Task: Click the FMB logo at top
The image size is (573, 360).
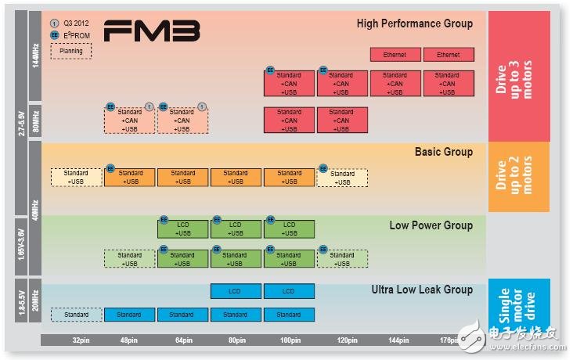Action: [152, 31]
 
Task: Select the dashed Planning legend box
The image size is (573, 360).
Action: [71, 51]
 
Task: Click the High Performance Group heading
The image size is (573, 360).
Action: [414, 23]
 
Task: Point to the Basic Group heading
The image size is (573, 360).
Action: [443, 152]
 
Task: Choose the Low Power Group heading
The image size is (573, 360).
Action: [431, 225]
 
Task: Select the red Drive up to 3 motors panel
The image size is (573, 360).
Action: [519, 76]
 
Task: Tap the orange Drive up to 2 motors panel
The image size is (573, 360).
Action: [519, 177]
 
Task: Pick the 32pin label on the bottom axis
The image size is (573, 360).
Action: [77, 341]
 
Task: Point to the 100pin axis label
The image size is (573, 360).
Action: [289, 341]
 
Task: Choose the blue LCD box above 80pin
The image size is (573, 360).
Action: [236, 291]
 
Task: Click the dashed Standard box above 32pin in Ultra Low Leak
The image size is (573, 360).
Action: [77, 315]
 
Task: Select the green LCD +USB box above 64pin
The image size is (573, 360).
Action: [183, 229]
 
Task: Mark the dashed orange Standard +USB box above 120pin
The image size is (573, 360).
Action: [342, 178]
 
